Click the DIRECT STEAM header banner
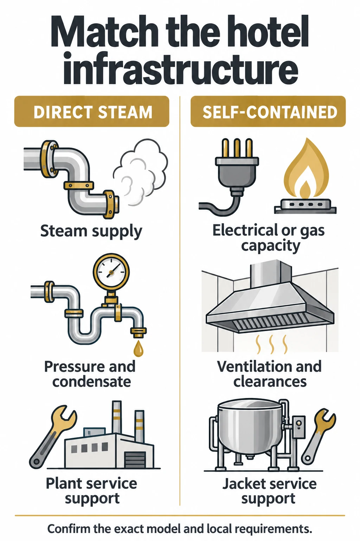tap(92, 111)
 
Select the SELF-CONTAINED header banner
tap(268, 111)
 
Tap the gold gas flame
tap(306, 169)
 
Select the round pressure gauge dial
tap(111, 272)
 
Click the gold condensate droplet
tap(138, 348)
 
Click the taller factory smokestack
tap(117, 418)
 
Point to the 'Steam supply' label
tap(91, 232)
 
